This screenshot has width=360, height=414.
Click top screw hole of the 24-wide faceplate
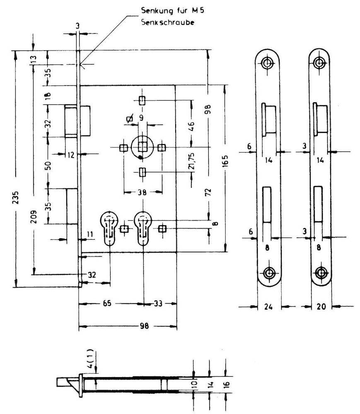[268, 63]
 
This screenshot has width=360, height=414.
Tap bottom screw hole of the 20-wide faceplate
[320, 273]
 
